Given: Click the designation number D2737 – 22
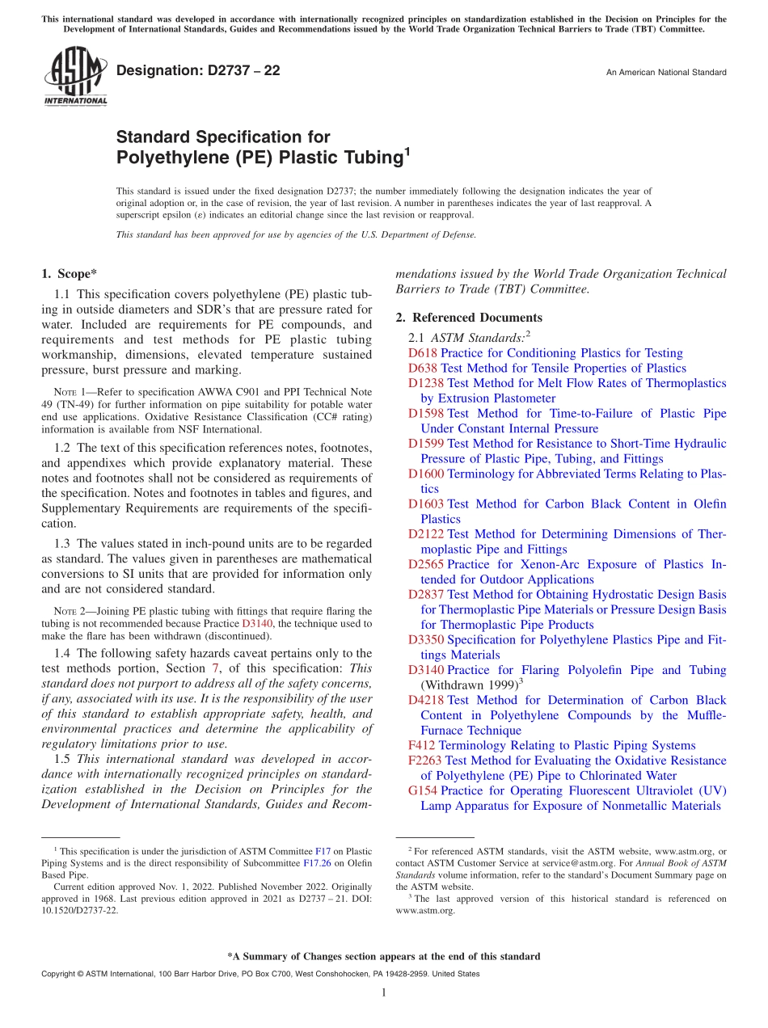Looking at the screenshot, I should (x=198, y=71).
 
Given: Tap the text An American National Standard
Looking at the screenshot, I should (x=665, y=73).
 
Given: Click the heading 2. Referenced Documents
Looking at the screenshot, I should (x=469, y=318).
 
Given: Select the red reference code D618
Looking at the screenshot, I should (x=422, y=353).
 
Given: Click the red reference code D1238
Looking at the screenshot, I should (x=425, y=383).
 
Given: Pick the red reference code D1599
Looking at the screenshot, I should (x=425, y=444).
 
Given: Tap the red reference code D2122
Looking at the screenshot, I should (x=425, y=534).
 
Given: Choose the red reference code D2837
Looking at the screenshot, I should (x=425, y=595).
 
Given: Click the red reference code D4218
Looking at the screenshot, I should (x=425, y=700).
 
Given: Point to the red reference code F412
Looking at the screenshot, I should (x=421, y=745).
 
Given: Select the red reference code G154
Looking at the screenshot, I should (x=423, y=790).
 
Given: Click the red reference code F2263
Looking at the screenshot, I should (x=424, y=760).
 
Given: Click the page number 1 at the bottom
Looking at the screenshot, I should (x=384, y=993).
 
